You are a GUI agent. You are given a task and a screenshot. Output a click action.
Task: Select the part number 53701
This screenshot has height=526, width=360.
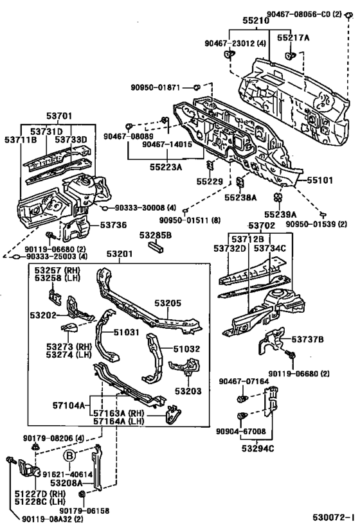[x=59, y=117]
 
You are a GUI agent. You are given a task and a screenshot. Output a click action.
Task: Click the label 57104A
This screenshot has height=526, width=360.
[x=69, y=406]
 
